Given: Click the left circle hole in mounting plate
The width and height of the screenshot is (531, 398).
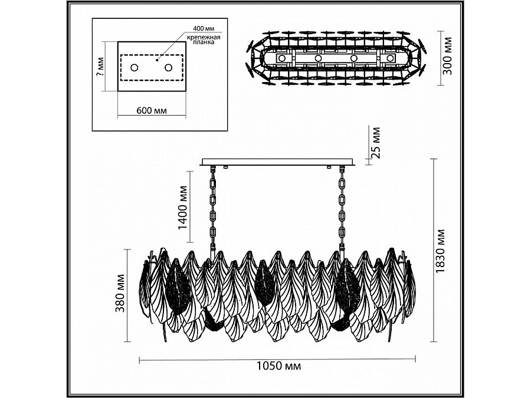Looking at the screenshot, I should coord(135,67).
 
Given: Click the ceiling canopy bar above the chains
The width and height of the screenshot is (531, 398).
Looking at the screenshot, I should coord(277,162).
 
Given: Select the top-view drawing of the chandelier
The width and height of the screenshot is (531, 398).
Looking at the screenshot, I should coord(336,58).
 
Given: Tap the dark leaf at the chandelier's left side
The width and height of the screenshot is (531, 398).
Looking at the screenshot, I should coord(177,289).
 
